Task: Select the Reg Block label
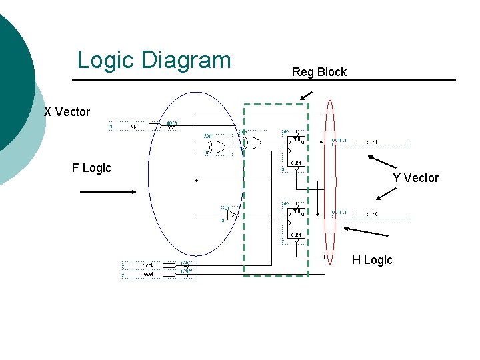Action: [x=319, y=72]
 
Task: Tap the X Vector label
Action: [x=67, y=112]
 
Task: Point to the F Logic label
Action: [x=91, y=168]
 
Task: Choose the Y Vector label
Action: [x=415, y=178]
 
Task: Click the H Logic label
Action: [x=372, y=260]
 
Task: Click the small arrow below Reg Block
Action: [x=305, y=95]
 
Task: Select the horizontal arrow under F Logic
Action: [x=107, y=192]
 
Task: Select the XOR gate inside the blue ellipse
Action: [x=216, y=147]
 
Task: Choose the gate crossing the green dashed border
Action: [x=252, y=142]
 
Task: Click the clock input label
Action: [x=148, y=265]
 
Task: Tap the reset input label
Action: [x=148, y=274]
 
